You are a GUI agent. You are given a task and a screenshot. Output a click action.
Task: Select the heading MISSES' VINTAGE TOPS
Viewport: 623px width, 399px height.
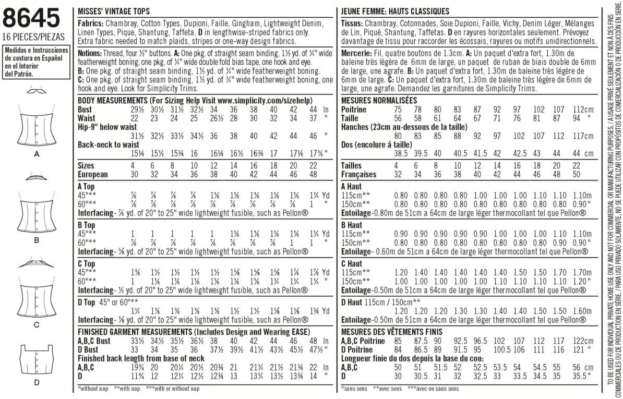pyautogui.click(x=113, y=11)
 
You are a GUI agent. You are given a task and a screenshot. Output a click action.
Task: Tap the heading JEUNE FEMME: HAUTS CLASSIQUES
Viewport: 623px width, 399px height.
pyautogui.click(x=394, y=11)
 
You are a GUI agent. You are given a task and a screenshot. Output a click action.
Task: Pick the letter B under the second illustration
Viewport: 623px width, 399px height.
pyautogui.click(x=37, y=240)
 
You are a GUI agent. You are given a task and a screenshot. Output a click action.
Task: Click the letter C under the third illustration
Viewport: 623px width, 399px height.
pyautogui.click(x=37, y=325)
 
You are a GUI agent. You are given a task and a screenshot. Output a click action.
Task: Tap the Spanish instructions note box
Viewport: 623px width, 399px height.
pyautogui.click(x=35, y=62)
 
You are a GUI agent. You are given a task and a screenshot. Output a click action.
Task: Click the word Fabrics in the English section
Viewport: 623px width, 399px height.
pyautogui.click(x=90, y=24)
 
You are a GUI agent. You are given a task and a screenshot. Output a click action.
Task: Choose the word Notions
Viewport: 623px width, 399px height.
pyautogui.click(x=90, y=53)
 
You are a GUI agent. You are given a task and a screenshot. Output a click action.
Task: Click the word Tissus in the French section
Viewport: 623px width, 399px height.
pyautogui.click(x=351, y=24)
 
